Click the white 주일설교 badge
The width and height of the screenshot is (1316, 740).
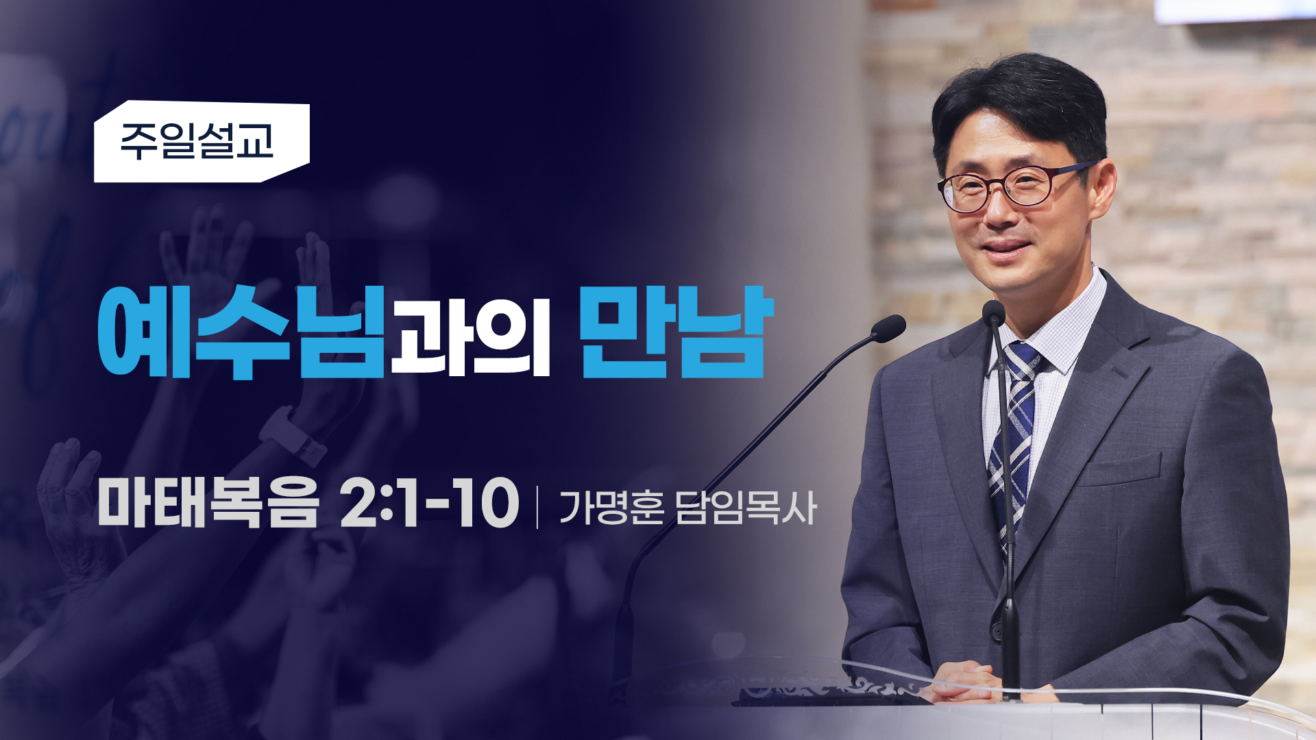point(202,142)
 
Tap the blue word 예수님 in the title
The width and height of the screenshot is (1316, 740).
point(241,332)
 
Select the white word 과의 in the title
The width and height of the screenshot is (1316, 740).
point(470,336)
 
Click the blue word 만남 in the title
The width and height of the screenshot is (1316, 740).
point(677,332)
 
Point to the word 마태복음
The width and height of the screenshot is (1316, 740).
point(208,502)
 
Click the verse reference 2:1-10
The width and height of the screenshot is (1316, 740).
point(429,503)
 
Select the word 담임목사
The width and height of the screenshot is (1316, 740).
point(746,508)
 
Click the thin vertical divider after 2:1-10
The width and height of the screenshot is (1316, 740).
point(537,507)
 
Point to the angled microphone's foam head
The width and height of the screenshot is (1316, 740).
point(889,329)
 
